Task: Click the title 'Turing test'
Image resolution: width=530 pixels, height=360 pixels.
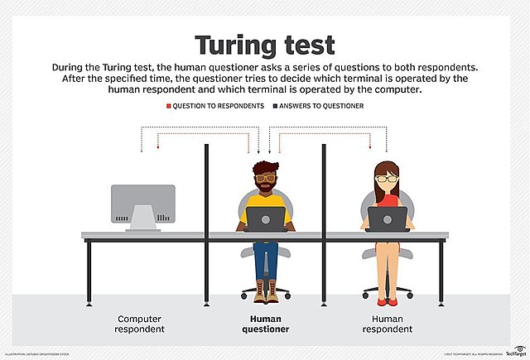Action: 264,46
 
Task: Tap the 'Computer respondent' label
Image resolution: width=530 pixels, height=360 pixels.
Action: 141,324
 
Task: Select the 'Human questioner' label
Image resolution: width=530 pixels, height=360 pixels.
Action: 265,324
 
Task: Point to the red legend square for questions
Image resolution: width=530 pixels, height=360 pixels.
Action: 168,107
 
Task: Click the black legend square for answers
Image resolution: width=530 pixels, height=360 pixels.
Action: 276,107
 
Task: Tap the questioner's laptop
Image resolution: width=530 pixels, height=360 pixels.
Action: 266,219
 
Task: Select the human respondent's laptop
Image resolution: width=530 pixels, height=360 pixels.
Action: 387,219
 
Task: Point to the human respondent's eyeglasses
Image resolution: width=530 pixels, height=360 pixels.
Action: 387,177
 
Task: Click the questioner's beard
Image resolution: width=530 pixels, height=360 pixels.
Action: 265,188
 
